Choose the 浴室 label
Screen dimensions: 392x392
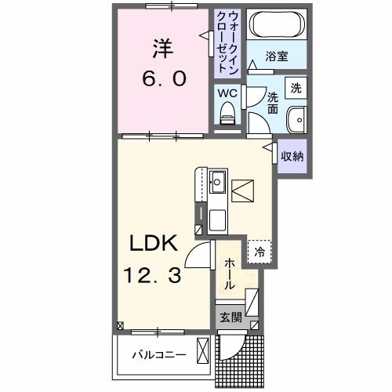(275, 56)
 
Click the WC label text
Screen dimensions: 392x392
(226, 92)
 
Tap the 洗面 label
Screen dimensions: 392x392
(272, 103)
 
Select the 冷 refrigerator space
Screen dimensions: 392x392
(260, 252)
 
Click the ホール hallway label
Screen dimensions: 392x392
(228, 274)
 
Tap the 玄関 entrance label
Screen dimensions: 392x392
(230, 318)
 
